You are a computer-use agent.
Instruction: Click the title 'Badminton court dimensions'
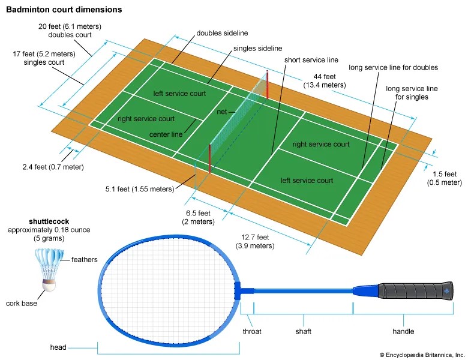pyautogui.click(x=64, y=10)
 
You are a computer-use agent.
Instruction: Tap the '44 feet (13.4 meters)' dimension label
pyautogui.click(x=325, y=81)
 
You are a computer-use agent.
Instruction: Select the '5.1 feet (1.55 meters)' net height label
pyautogui.click(x=140, y=189)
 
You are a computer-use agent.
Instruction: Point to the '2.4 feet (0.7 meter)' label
pyautogui.click(x=53, y=167)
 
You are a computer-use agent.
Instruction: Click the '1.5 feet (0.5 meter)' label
pyautogui.click(x=445, y=178)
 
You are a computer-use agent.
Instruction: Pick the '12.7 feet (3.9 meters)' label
pyautogui.click(x=255, y=241)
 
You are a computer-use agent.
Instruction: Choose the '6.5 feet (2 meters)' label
pyautogui.click(x=198, y=217)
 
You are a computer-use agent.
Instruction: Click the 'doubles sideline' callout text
pyautogui.click(x=222, y=33)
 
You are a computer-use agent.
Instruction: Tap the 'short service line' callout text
pyautogui.click(x=311, y=60)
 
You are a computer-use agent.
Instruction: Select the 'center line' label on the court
pyautogui.click(x=166, y=134)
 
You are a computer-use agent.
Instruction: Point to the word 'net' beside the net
pyautogui.click(x=222, y=112)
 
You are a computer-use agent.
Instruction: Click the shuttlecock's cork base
pyautogui.click(x=49, y=286)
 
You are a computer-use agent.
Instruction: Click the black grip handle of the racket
pyautogui.click(x=415, y=290)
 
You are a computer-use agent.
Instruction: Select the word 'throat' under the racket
pyautogui.click(x=252, y=331)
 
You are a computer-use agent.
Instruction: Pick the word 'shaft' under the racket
pyautogui.click(x=303, y=331)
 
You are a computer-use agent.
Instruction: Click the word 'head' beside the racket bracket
pyautogui.click(x=58, y=347)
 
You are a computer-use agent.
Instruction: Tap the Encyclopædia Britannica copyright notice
pyautogui.click(x=422, y=355)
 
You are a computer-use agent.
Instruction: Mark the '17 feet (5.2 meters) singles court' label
pyautogui.click(x=44, y=58)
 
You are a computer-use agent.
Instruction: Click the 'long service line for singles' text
pyautogui.click(x=412, y=93)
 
